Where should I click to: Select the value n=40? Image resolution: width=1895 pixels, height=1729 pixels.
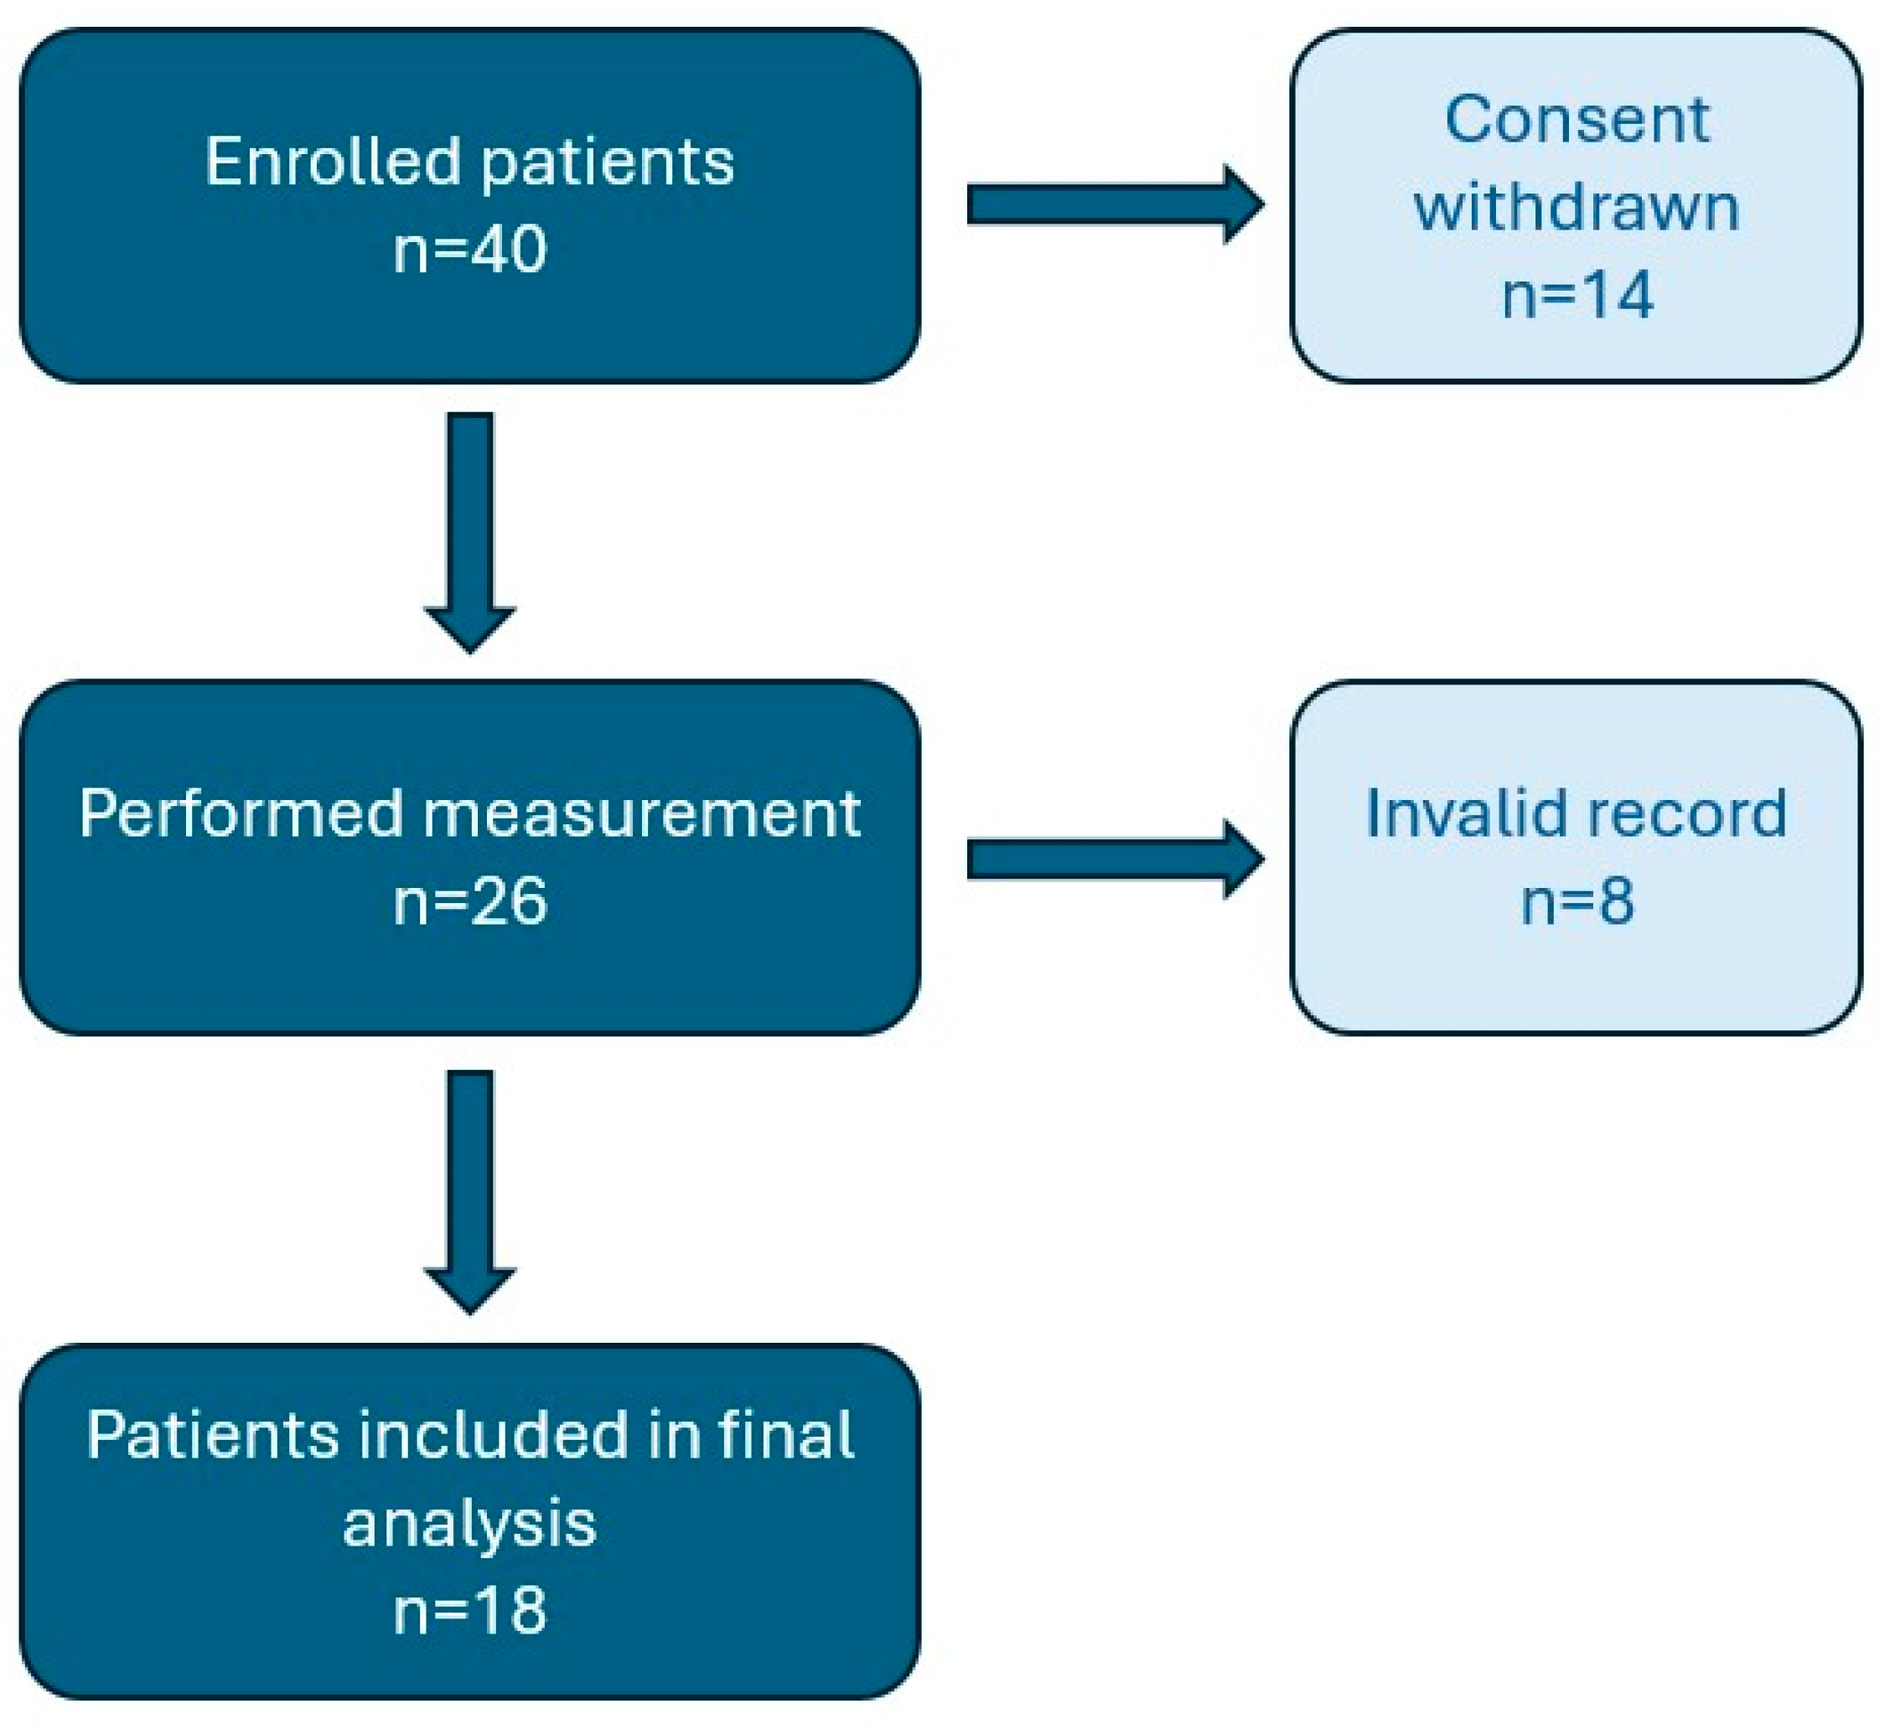coord(470,249)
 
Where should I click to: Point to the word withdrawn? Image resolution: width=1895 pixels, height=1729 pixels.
coord(1577,207)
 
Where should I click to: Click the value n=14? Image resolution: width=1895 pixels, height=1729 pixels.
coord(1577,295)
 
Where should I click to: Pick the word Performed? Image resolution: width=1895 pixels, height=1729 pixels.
coord(241,813)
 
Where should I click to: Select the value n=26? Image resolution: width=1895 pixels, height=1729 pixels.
coord(470,902)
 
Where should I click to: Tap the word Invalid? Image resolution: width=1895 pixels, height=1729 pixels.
coord(1448,813)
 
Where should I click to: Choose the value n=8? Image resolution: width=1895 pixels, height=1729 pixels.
coord(1578,901)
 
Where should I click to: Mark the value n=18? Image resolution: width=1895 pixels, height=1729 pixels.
coord(470,1610)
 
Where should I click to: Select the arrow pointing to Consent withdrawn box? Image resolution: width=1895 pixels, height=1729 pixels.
coord(1116,205)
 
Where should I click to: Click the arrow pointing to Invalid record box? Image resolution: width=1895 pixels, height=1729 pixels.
coord(1116,859)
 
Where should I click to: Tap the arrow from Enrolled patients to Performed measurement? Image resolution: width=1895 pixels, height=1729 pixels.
coord(470,533)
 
